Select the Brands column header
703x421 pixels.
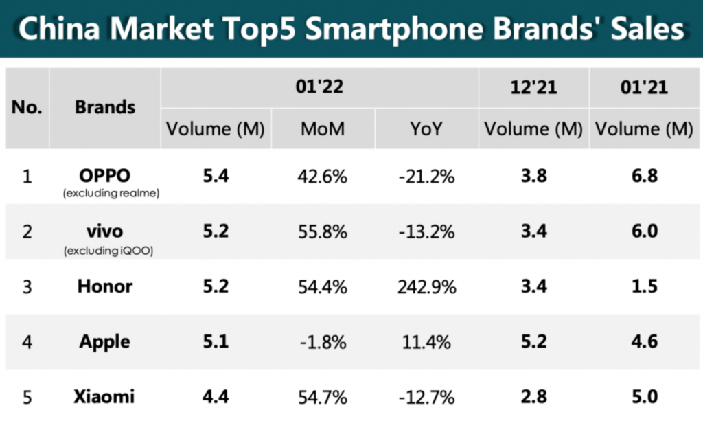point(105,107)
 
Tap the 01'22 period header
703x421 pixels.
point(319,87)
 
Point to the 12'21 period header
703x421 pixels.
point(533,87)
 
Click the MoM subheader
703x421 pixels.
point(323,129)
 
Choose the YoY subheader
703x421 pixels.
point(426,129)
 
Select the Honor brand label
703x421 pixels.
point(105,286)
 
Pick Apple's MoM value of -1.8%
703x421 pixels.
point(323,341)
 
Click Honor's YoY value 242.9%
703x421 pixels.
point(427,286)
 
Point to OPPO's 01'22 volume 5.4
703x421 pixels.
point(216,177)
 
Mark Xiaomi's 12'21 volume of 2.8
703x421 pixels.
point(533,396)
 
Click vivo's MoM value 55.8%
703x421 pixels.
point(323,231)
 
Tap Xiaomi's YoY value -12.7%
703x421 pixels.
point(427,396)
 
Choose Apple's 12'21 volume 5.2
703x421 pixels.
point(533,341)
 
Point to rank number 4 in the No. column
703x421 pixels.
point(27,341)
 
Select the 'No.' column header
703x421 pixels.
point(27,107)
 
